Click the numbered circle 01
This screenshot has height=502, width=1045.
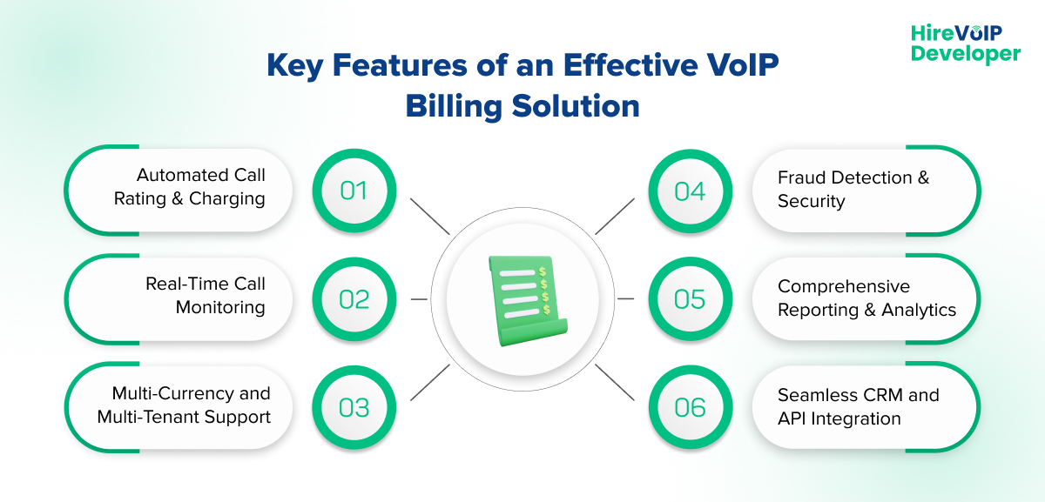354,190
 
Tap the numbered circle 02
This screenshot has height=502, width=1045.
354,298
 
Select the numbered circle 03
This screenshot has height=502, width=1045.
354,407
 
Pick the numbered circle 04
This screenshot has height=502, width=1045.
690,190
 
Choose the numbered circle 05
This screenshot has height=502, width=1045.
690,298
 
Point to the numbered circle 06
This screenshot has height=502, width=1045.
690,407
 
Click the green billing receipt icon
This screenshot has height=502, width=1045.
523,299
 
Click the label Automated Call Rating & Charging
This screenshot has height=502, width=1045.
190,187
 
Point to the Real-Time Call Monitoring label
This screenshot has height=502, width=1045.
206,296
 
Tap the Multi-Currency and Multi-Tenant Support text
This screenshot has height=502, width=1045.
184,405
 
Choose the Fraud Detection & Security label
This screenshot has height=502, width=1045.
853,190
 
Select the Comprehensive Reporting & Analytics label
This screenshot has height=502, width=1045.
866,298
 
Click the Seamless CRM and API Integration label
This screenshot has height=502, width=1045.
858,407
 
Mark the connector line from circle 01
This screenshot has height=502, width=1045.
429,217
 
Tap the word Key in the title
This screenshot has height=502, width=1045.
293,65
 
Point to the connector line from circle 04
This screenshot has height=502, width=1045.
615,217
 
